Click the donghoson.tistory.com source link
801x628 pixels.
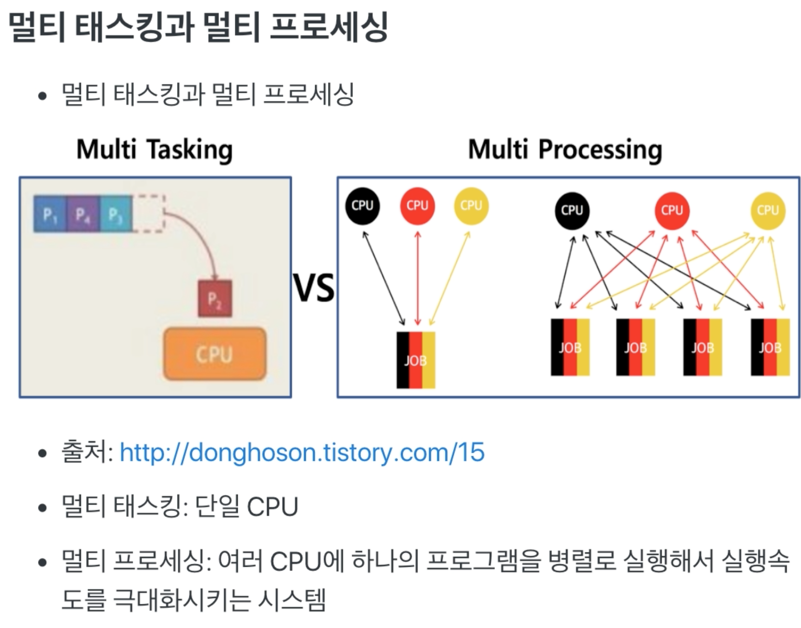point(302,452)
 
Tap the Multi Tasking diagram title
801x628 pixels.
point(154,150)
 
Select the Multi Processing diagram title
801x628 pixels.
point(565,150)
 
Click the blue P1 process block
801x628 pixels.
point(50,214)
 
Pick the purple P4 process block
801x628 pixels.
point(83,214)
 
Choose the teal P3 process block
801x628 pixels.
point(116,214)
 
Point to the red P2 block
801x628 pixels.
point(215,299)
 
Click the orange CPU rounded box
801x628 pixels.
point(215,354)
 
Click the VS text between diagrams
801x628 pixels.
point(314,288)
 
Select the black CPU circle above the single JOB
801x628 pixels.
point(363,206)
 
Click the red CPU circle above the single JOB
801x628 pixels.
point(417,206)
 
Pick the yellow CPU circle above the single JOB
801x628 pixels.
point(471,206)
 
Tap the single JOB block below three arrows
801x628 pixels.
point(416,360)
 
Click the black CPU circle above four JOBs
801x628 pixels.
point(572,211)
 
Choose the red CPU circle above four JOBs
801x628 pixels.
point(672,211)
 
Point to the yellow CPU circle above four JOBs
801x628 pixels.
point(767,211)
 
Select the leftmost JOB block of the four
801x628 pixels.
point(570,348)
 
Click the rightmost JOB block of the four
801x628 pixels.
point(770,348)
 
